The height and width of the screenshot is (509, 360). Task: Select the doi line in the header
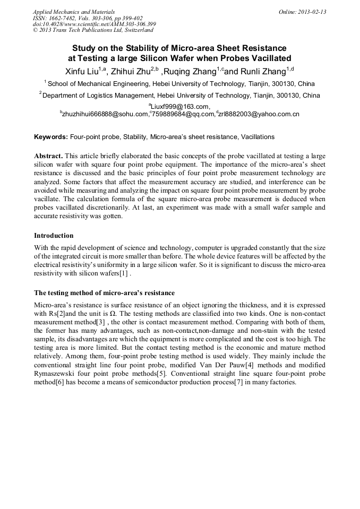tap(94, 24)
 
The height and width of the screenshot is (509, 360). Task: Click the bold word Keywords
tap(51, 137)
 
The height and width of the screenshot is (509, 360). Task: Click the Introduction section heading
tap(54, 235)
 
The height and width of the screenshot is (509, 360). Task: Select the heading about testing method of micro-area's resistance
tap(104, 293)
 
